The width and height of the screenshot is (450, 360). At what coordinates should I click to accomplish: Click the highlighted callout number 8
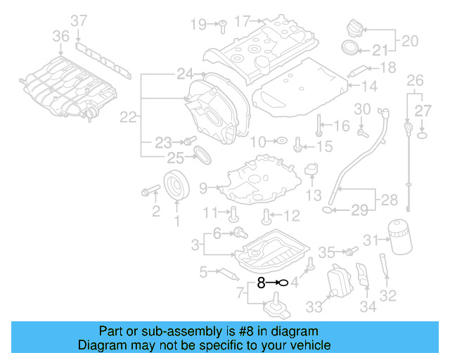(261, 283)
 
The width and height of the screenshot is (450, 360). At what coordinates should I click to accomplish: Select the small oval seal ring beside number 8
(282, 283)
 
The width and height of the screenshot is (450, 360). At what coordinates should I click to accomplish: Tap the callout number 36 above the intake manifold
(61, 35)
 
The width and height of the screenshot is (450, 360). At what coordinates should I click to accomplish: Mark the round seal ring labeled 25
(201, 154)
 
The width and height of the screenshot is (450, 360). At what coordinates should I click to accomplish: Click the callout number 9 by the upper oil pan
(203, 188)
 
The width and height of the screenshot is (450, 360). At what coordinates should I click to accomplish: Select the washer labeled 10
(279, 141)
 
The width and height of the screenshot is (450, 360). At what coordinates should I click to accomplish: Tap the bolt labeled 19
(219, 25)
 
